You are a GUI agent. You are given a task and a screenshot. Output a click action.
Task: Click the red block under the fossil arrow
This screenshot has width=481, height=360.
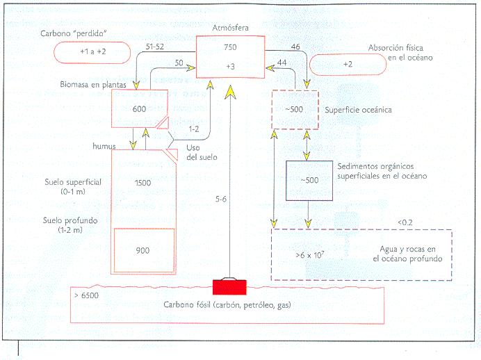(229, 286)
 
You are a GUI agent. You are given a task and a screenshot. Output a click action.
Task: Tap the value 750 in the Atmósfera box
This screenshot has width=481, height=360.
(231, 47)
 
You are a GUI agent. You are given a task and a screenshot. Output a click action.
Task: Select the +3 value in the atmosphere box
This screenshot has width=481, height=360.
(231, 67)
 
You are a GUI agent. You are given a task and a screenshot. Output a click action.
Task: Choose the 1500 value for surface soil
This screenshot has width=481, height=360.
(143, 182)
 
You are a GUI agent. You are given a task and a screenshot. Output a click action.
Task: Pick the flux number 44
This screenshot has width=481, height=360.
(282, 63)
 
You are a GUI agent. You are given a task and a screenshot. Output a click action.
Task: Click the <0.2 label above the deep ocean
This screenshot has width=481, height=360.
(405, 222)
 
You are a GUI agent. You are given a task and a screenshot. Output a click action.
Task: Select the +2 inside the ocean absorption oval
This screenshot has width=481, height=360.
(348, 64)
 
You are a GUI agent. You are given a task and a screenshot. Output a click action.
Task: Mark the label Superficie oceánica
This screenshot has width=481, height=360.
(359, 110)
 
